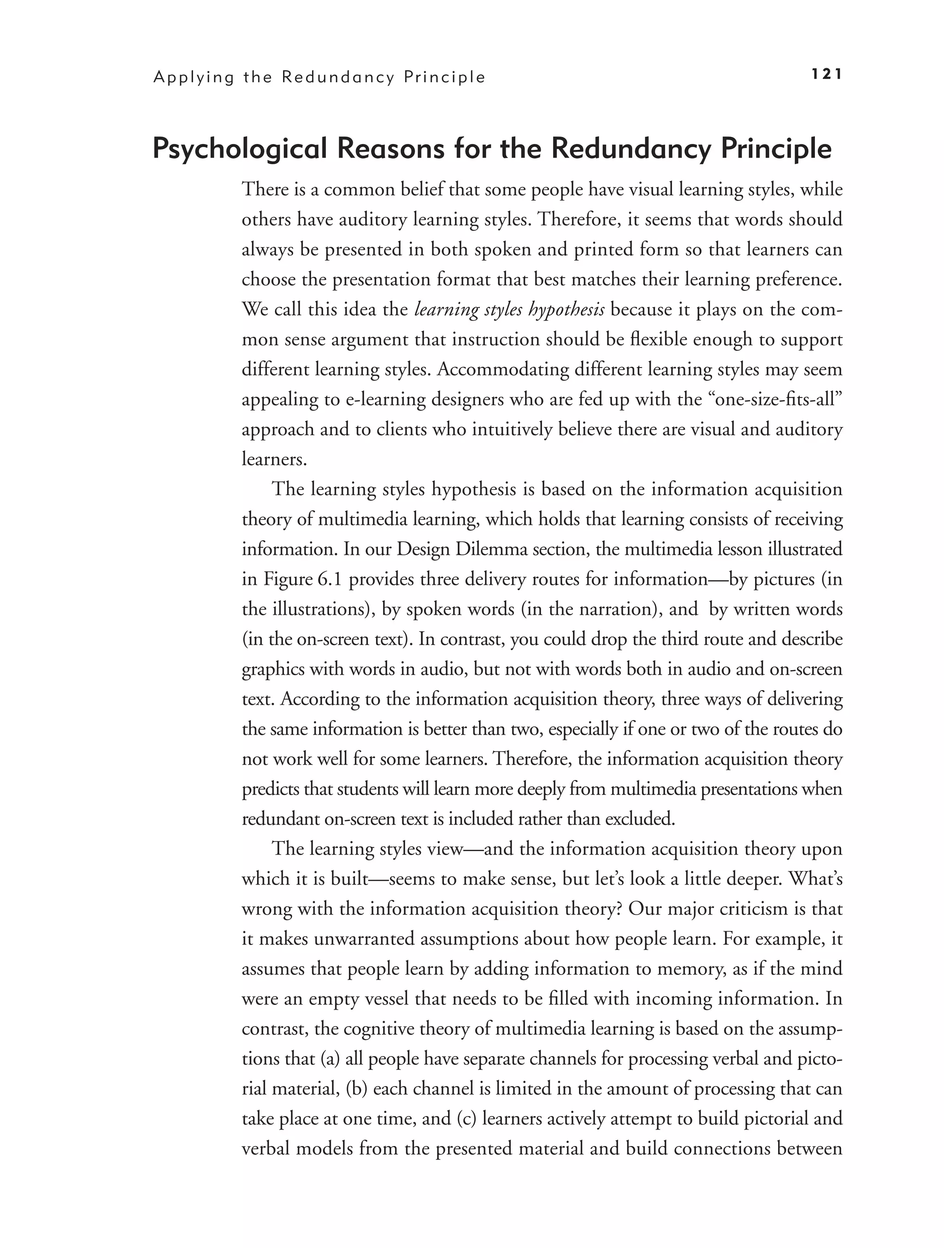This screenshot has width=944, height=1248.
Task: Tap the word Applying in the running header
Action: [194, 77]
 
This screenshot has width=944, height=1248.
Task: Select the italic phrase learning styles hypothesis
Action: [509, 309]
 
